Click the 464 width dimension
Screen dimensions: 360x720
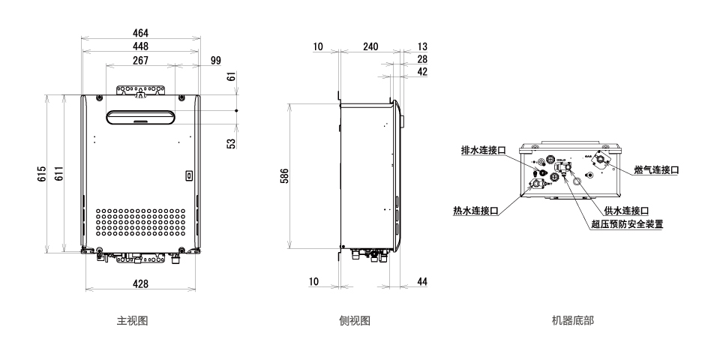pos(140,33)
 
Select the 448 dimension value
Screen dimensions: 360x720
pos(140,46)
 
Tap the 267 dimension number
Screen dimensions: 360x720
pos(140,61)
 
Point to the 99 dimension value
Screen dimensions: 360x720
pos(216,61)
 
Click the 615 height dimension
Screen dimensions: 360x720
pos(42,174)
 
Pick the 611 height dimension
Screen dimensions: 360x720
pos(57,174)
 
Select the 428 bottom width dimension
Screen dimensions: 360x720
pos(140,283)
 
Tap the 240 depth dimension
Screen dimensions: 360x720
pos(370,46)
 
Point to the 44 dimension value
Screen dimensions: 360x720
pos(421,281)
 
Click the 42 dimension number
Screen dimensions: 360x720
pos(421,72)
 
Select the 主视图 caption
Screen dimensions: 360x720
pos(131,321)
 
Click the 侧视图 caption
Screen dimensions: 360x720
pos(355,321)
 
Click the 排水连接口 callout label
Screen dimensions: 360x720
pos(483,150)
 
